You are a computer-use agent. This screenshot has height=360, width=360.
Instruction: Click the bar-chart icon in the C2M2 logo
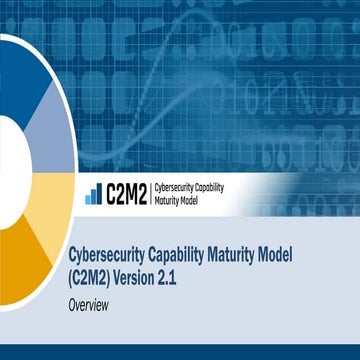click(91, 195)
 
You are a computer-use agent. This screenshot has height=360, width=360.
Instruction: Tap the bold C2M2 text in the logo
click(126, 194)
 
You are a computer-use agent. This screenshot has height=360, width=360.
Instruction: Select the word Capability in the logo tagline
click(228, 188)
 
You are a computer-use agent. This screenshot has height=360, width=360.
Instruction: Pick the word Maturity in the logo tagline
click(172, 200)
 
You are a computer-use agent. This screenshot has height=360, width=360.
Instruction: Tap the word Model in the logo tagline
click(204, 200)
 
